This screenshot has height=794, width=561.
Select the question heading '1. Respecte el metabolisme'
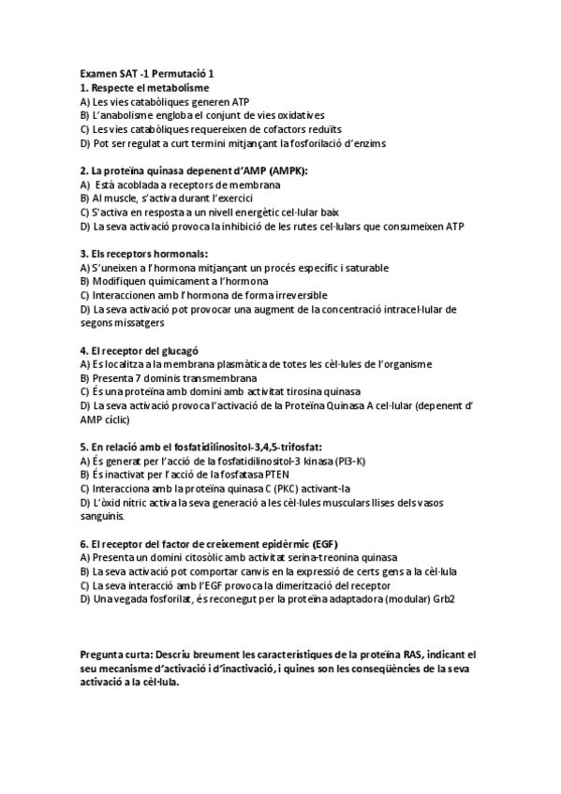coord(144,87)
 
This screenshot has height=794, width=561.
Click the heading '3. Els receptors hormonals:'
coord(144,254)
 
